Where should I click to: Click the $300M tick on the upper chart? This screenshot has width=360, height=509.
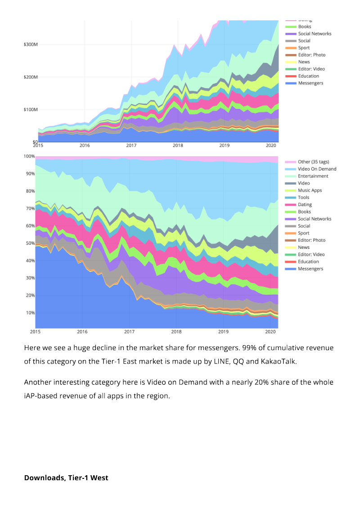pyautogui.click(x=31, y=45)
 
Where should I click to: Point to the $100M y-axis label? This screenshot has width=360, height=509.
pyautogui.click(x=31, y=110)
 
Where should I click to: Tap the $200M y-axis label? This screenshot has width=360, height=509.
pyautogui.click(x=31, y=77)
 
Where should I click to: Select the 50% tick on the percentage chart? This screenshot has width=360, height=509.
pyautogui.click(x=30, y=243)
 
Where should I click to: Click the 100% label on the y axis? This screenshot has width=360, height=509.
pyautogui.click(x=29, y=156)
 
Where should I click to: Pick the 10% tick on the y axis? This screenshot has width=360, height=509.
pyautogui.click(x=30, y=313)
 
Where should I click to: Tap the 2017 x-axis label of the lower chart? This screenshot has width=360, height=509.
pyautogui.click(x=129, y=332)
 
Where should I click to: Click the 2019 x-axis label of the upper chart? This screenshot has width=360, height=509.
pyautogui.click(x=224, y=145)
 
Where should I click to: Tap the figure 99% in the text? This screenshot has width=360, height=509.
pyautogui.click(x=249, y=348)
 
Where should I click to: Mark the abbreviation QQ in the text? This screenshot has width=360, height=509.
pyautogui.click(x=238, y=362)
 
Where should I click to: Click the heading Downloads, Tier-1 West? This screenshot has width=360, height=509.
pyautogui.click(x=66, y=478)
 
